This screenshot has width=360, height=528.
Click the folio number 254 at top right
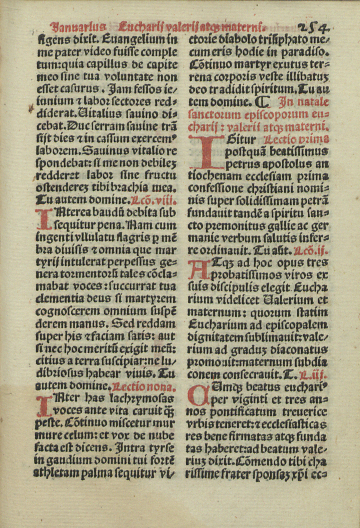pyautogui.click(x=314, y=27)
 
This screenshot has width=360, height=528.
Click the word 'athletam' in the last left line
pyautogui.click(x=50, y=473)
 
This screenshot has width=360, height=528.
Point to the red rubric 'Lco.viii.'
pyautogui.click(x=154, y=201)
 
